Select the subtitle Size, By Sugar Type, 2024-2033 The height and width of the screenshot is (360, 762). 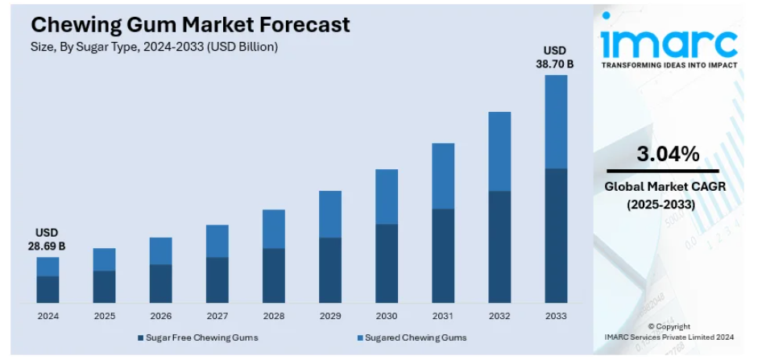click(x=154, y=47)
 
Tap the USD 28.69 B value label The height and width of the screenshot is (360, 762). click(x=48, y=239)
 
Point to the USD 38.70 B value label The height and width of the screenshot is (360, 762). click(x=555, y=56)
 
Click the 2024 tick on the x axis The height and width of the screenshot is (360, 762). click(x=48, y=316)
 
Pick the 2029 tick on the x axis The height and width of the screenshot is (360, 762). click(x=329, y=316)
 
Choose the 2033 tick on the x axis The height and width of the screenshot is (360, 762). click(x=555, y=316)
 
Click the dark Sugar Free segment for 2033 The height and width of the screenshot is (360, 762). click(x=555, y=235)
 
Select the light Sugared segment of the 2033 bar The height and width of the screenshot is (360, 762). click(x=555, y=121)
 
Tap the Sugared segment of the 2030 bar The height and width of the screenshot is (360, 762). click(x=386, y=197)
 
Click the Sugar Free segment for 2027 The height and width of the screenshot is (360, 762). click(x=217, y=279)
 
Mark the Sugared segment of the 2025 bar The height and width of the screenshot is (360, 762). click(x=104, y=259)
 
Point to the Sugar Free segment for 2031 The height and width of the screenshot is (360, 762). click(x=442, y=255)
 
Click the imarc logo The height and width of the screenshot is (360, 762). click(x=669, y=40)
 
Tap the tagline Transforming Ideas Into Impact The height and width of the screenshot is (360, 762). click(x=669, y=65)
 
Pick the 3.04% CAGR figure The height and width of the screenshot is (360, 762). click(x=668, y=155)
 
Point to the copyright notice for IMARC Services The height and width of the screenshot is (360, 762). click(x=669, y=332)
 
